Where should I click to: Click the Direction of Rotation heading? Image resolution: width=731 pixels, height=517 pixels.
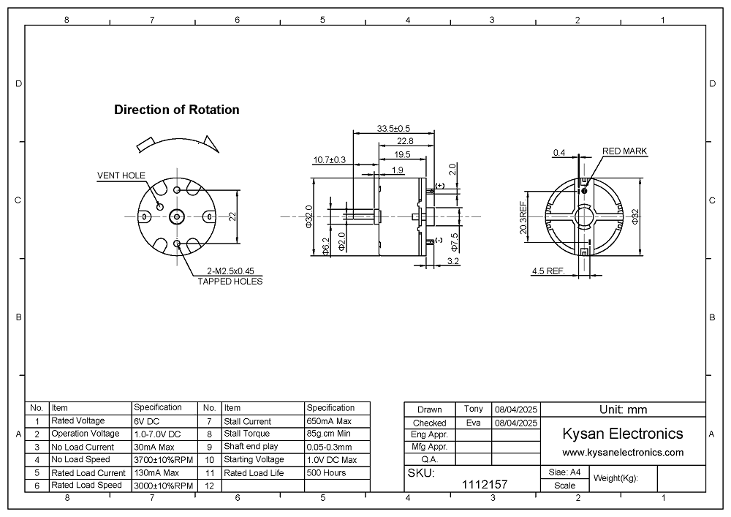click(x=176, y=110)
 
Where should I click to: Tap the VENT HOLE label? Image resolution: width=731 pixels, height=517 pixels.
click(x=121, y=176)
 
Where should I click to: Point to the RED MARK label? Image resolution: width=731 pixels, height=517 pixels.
click(x=624, y=151)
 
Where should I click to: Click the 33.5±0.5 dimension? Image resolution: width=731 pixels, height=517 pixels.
click(x=393, y=129)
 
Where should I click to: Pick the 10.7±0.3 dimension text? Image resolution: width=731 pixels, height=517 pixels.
click(x=329, y=159)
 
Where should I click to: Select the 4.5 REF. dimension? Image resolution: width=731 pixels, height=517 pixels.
click(x=548, y=271)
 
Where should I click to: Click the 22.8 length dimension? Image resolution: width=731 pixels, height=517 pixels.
click(x=405, y=141)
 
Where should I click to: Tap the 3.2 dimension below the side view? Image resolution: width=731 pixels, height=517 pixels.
click(x=452, y=261)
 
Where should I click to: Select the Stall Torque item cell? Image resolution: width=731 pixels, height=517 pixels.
click(x=247, y=434)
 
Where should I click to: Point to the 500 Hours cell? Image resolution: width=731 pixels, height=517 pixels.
click(x=326, y=472)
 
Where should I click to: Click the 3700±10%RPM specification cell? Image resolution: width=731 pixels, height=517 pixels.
click(x=163, y=460)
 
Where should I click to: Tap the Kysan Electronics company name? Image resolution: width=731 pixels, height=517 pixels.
click(x=623, y=434)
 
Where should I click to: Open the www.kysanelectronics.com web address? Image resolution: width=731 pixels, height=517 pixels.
click(x=623, y=453)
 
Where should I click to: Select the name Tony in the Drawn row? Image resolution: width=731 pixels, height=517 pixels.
click(x=473, y=409)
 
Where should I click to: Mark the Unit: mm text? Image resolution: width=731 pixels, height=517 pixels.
click(x=623, y=410)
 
